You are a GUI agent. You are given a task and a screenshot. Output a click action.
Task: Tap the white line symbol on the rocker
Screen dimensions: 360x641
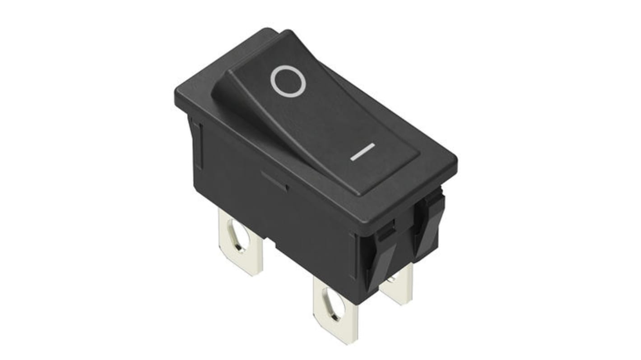[x=362, y=152]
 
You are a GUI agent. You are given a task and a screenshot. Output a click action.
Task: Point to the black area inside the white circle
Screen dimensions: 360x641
[x=288, y=81]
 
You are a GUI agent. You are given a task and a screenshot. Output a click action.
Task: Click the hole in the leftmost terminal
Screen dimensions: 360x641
[x=239, y=235]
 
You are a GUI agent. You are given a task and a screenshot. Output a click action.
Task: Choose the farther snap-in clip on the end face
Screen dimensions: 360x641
[x=429, y=221]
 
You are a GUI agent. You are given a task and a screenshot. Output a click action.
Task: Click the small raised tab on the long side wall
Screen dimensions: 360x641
[x=274, y=180]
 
